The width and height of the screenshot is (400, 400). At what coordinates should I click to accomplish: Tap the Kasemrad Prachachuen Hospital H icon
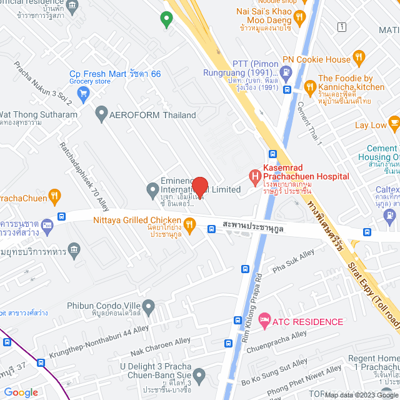pos(255,177)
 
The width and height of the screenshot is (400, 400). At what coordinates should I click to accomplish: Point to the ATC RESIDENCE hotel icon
pos(264,321)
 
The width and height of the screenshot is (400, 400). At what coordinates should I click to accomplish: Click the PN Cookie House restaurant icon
pos(359,59)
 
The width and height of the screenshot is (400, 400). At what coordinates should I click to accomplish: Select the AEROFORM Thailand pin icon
pos(101,115)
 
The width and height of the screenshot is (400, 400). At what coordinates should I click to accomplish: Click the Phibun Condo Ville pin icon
pos(148,306)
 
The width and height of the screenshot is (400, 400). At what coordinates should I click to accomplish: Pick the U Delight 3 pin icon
pos(199,376)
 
